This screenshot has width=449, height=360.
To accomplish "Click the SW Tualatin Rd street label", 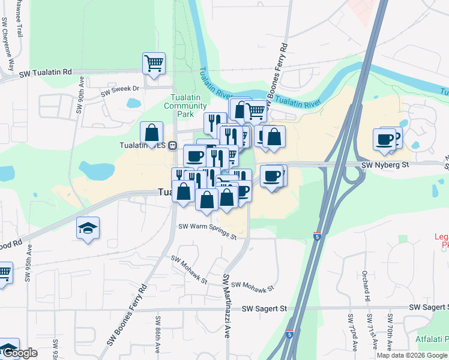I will point(45,73).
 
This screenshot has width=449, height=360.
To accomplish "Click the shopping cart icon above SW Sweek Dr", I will point(154,63).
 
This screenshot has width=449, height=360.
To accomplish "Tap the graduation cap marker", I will point(88,228).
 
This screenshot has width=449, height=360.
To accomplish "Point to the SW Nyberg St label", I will point(384,164).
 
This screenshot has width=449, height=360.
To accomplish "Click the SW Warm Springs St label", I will point(208,230).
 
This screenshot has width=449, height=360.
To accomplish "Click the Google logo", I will point(19,353).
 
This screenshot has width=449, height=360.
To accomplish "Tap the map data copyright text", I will point(412,355).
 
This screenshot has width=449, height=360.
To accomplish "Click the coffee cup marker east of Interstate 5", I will point(384,139).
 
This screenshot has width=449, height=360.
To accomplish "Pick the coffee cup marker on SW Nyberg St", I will point(271,176).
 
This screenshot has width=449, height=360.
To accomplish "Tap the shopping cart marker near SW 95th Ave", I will point(4,273).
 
